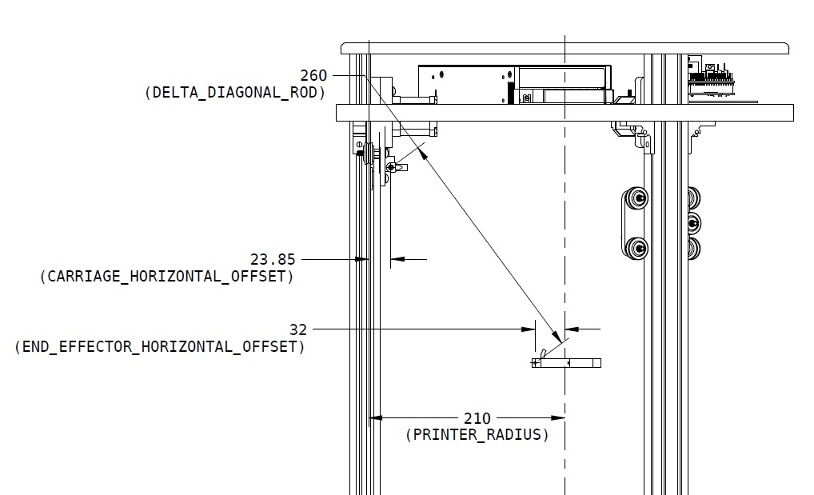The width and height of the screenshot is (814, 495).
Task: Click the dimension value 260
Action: (313, 76)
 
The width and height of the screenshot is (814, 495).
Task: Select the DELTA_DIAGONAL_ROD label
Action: (235, 93)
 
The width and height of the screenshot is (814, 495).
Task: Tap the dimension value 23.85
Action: (273, 259)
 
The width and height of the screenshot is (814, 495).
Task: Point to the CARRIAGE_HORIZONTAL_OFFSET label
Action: (166, 277)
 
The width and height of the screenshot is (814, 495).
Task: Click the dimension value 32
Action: (298, 329)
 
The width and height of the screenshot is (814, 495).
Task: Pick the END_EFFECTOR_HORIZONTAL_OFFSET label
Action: (160, 346)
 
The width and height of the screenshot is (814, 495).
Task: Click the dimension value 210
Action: (477, 418)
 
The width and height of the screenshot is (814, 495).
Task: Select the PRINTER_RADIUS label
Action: (477, 434)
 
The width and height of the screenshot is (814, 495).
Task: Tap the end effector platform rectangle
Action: (566, 363)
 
